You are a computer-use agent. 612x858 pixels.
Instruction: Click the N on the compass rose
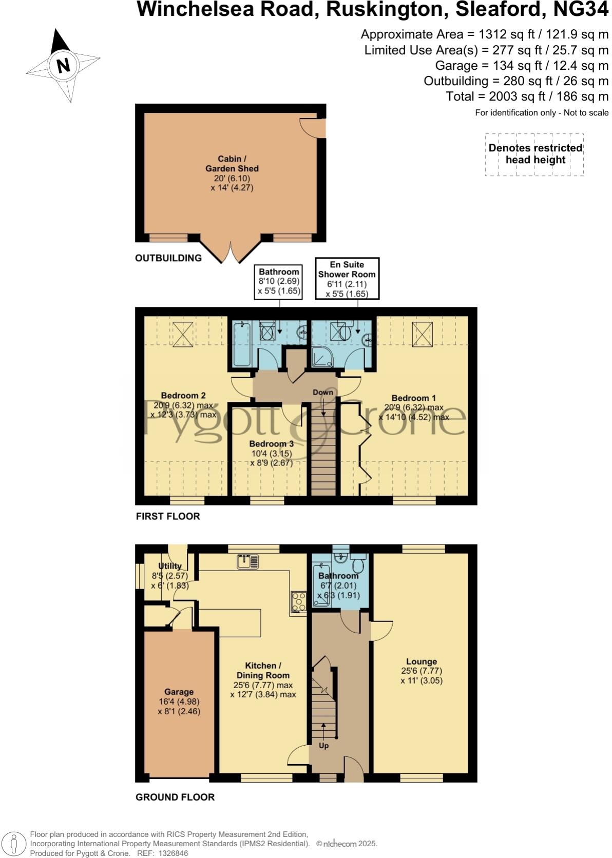click(63, 66)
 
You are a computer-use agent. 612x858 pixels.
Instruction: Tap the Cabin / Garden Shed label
click(232, 164)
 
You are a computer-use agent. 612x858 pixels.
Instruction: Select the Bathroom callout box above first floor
click(279, 282)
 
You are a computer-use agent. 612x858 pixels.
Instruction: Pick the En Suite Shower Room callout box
click(347, 279)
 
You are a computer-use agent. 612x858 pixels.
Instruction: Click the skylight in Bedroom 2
click(182, 334)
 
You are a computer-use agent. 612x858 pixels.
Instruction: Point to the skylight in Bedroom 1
click(422, 334)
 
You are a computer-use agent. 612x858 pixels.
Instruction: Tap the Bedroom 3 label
click(271, 443)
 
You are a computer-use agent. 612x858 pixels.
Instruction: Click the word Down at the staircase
click(323, 392)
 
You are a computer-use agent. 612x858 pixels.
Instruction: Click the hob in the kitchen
click(298, 602)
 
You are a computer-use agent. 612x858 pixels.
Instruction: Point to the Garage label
click(179, 692)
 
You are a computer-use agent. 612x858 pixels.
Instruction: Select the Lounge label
click(421, 661)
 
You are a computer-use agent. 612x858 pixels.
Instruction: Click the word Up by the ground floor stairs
click(323, 746)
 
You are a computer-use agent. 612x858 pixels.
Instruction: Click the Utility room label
click(170, 566)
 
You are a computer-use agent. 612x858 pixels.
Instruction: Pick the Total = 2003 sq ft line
click(527, 96)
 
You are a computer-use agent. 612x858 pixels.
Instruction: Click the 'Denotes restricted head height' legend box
click(534, 154)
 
